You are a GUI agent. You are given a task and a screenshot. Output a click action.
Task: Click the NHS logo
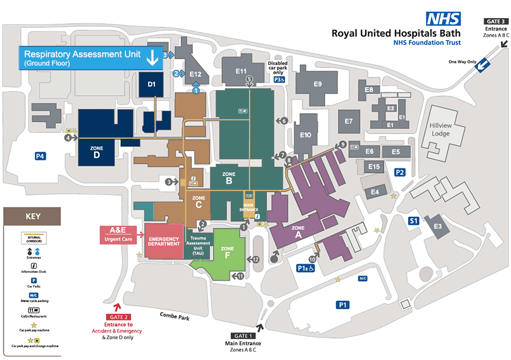click(444, 19)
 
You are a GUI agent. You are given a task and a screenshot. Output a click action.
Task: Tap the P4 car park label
click(40, 156)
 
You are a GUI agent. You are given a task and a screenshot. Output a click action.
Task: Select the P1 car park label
click(343, 304)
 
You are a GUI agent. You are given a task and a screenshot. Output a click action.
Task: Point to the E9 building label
click(318, 84)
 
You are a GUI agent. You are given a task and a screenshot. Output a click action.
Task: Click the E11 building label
click(242, 71)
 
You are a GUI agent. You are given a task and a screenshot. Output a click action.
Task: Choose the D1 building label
click(152, 85)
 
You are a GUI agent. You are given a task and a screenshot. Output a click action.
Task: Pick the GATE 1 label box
click(243, 336)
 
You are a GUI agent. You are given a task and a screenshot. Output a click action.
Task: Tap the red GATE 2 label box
click(118, 317)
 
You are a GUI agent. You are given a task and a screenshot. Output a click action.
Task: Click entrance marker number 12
click(255, 259)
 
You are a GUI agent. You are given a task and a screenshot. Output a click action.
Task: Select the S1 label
click(413, 221)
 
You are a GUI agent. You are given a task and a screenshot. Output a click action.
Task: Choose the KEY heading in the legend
click(33, 217)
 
